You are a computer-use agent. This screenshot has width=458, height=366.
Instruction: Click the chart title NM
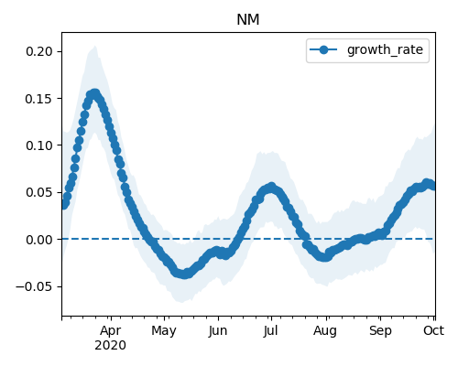248,20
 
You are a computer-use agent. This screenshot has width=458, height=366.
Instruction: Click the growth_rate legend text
385,49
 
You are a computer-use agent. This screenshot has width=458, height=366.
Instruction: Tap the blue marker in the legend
323,49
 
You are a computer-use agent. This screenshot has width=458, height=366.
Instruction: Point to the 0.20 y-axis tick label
39,51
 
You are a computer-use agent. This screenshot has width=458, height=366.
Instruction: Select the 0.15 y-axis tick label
39,99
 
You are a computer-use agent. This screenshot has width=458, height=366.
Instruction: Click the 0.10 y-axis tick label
39,145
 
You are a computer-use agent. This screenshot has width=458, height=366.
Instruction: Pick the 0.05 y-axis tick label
39,192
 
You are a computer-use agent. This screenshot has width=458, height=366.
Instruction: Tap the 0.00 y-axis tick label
39,240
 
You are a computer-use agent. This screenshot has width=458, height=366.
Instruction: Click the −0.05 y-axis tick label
34,286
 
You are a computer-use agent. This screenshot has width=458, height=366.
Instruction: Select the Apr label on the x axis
111,331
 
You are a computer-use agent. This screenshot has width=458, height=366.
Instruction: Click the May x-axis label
164,331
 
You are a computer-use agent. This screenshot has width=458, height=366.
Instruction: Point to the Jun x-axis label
218,331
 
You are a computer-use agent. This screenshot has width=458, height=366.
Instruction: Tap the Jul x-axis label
270,331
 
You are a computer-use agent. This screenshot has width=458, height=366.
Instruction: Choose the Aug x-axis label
325,331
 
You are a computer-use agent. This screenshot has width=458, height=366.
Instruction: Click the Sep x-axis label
380,331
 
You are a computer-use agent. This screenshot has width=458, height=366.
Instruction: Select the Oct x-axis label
433,331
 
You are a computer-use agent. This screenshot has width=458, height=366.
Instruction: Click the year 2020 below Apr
110,346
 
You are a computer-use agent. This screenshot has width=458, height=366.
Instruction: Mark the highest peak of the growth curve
95,93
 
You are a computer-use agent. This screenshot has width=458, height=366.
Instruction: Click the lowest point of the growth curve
184,274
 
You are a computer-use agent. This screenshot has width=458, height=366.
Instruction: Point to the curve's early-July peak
271,187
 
